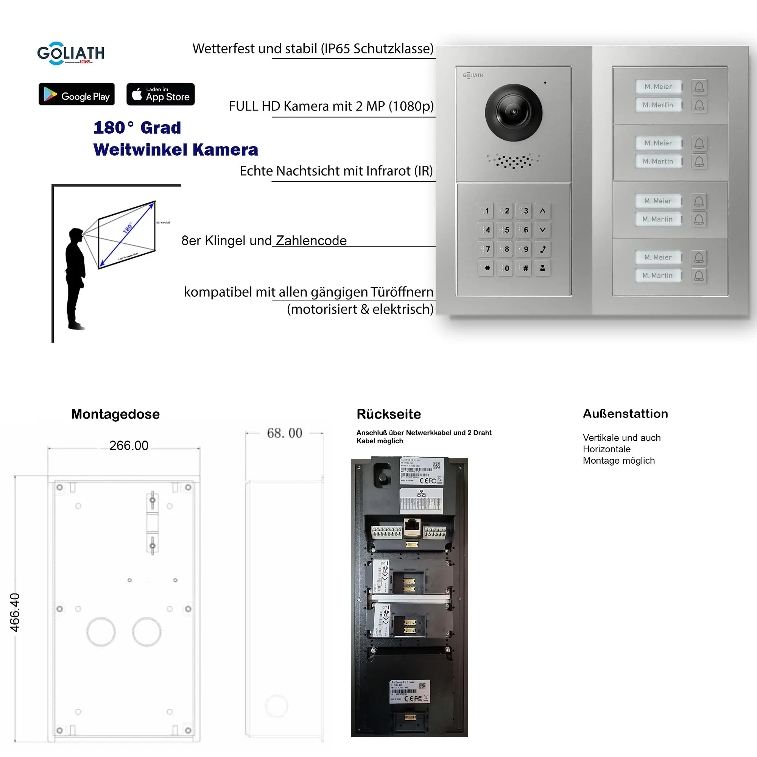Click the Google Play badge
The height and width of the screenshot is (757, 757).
(76, 94)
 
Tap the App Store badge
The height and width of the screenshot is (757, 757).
(160, 94)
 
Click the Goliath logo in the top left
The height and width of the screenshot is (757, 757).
(70, 53)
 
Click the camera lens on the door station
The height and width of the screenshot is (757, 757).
(513, 112)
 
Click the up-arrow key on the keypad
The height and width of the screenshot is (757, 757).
(543, 211)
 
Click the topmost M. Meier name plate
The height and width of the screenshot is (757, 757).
(658, 87)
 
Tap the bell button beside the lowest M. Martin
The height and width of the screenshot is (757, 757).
(699, 276)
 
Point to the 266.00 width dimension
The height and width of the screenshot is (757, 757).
(129, 445)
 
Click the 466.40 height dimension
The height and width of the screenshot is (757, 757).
(15, 612)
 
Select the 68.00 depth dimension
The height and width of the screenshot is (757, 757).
(285, 433)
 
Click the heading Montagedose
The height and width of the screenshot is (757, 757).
(115, 414)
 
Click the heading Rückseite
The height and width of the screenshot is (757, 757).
(388, 414)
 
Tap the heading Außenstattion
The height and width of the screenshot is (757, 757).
(625, 414)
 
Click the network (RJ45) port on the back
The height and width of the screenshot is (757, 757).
(412, 527)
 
